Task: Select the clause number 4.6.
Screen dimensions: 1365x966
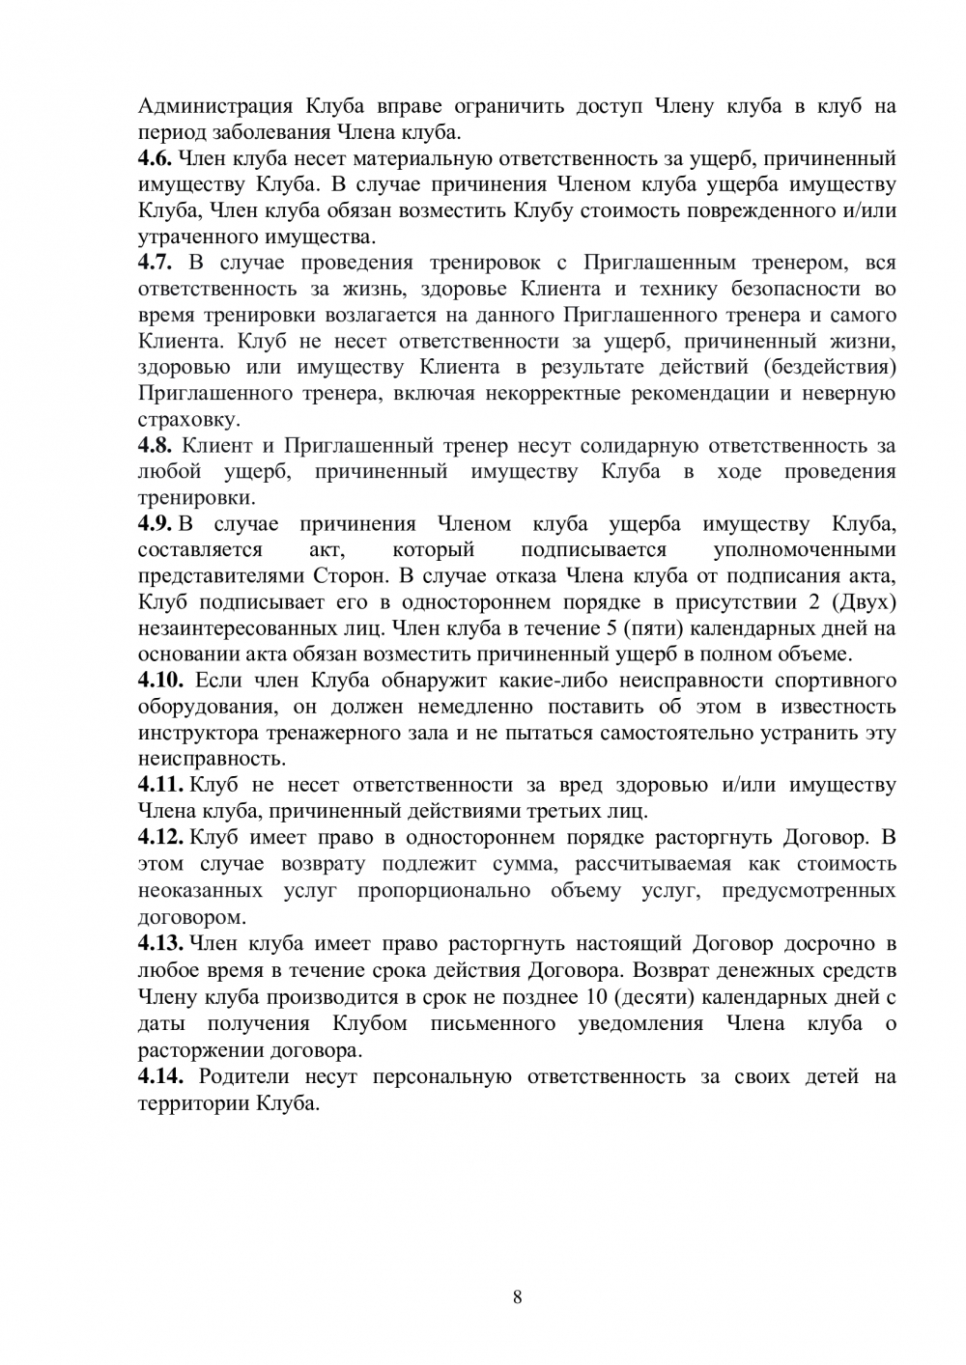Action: (x=155, y=158)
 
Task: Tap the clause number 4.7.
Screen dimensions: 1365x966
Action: (x=155, y=263)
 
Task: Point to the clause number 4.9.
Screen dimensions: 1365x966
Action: (x=155, y=524)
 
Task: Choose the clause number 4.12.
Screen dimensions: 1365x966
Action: (x=160, y=837)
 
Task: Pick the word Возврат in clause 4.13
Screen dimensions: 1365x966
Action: (x=664, y=969)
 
